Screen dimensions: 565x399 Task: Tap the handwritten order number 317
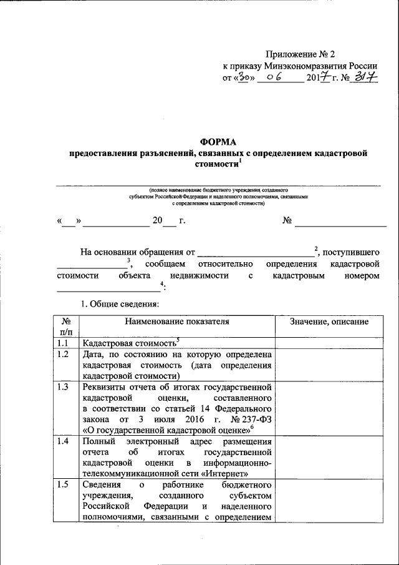(367, 78)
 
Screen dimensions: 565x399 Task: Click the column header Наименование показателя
(177, 322)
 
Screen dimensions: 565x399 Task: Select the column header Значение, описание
(329, 322)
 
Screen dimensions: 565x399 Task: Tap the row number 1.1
(62, 343)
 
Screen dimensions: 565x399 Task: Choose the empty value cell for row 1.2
(329, 365)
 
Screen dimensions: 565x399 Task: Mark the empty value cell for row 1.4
(329, 457)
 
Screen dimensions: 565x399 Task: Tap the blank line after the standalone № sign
(340, 222)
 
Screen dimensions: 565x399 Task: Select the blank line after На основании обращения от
(256, 253)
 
